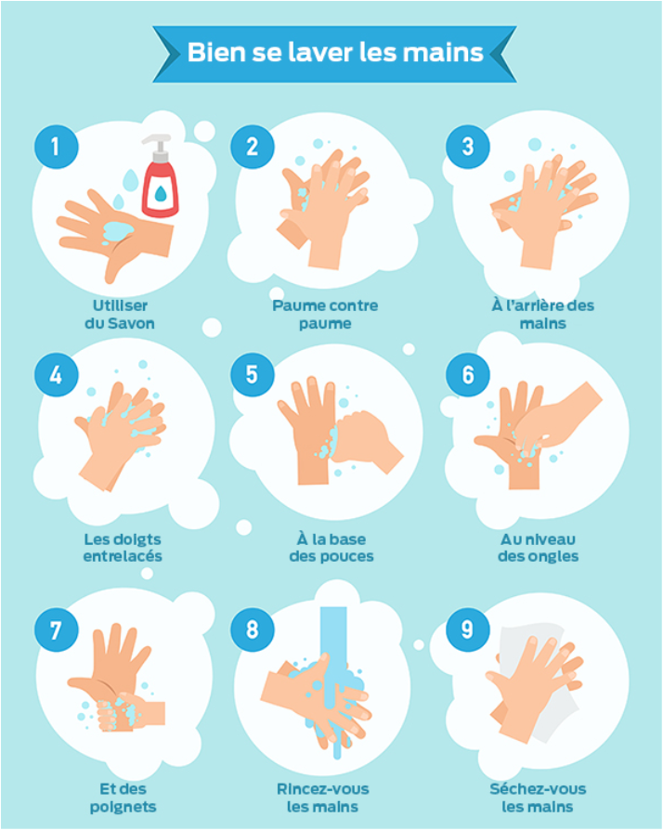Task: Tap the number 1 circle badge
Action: point(56,147)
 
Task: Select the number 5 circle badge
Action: point(253,374)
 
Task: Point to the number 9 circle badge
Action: point(468,629)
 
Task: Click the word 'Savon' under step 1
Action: point(133,323)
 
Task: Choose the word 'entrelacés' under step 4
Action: point(123,556)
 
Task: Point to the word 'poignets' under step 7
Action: point(123,807)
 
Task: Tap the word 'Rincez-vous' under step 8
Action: point(323,789)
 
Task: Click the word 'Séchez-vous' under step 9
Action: point(538,789)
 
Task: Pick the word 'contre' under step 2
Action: point(355,305)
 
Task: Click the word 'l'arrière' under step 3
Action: point(536,305)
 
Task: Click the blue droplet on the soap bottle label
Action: point(161,194)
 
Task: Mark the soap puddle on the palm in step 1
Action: point(118,230)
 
